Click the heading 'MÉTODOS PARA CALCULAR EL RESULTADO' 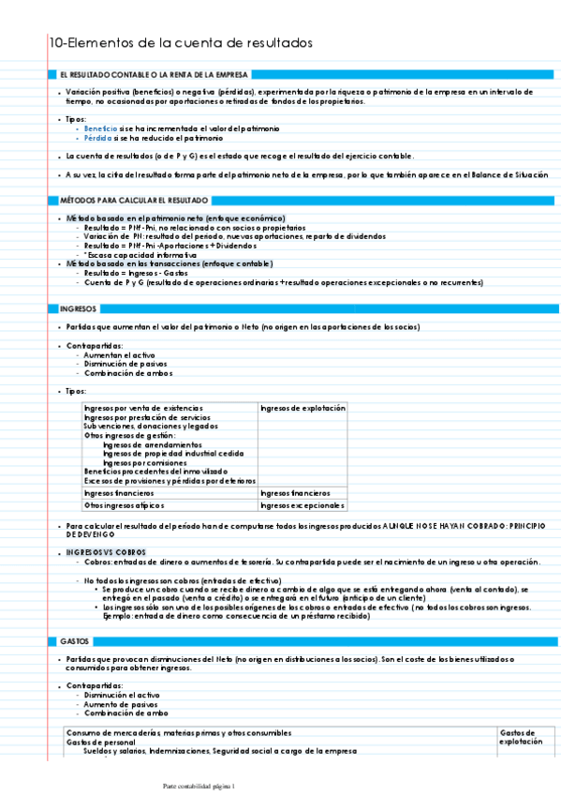(x=133, y=201)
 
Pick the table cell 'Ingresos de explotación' (x=303, y=409)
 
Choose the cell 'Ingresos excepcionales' (x=302, y=505)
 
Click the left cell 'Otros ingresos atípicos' (x=125, y=505)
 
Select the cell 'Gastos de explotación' (x=520, y=737)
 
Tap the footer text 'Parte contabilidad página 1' (x=199, y=786)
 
